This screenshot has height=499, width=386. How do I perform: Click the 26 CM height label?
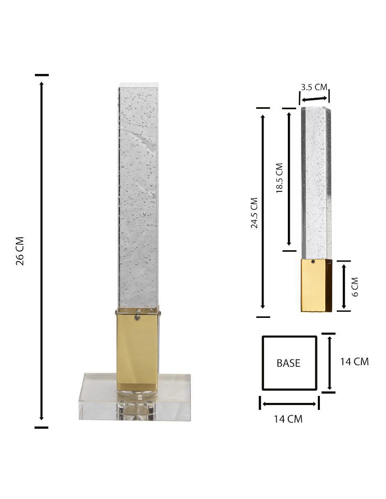(20, 251)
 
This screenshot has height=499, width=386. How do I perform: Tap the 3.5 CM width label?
(314, 87)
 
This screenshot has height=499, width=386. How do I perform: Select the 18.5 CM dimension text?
(279, 178)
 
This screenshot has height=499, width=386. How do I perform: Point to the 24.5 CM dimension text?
(254, 213)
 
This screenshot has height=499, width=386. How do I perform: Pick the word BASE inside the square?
(288, 363)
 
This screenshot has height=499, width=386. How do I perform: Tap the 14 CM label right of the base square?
(354, 362)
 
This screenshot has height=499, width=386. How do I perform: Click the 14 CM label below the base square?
(288, 419)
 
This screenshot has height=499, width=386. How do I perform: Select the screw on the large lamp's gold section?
(138, 317)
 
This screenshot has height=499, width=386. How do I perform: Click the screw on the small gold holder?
(313, 261)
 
